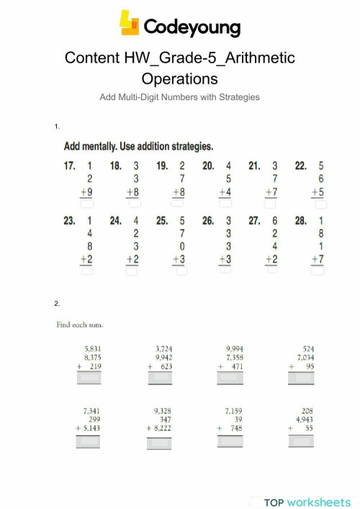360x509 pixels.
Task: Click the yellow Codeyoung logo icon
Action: click(x=130, y=24)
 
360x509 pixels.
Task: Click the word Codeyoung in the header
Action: click(x=191, y=28)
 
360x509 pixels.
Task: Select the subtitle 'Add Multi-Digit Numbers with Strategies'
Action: click(x=179, y=96)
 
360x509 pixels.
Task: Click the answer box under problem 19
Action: click(x=181, y=204)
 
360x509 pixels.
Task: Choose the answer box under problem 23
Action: click(x=88, y=272)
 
